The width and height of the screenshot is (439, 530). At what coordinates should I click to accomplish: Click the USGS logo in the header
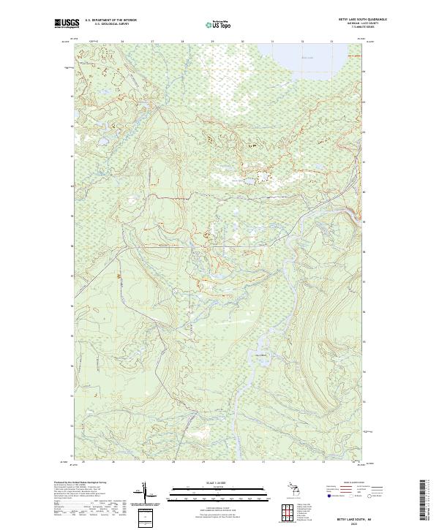click(x=68, y=23)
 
